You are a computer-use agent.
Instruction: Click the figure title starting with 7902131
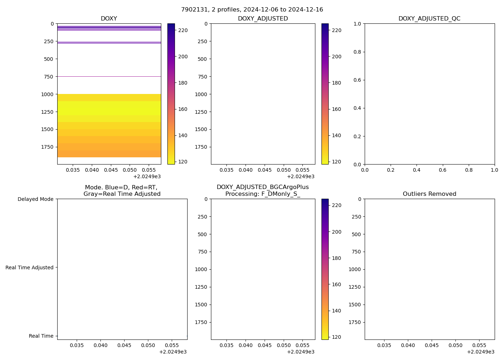[x=252, y=10]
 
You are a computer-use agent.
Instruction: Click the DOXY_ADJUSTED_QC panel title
[x=429, y=19]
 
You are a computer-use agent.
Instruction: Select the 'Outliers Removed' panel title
[x=429, y=194]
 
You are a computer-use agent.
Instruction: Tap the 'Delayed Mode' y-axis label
[x=35, y=199]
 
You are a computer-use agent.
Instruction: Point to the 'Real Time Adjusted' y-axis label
[x=30, y=267]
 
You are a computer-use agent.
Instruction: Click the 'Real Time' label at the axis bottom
[x=41, y=336]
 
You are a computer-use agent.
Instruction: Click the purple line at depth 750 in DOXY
[x=109, y=76]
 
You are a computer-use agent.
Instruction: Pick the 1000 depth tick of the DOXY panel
[x=47, y=94]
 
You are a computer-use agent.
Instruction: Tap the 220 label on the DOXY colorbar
[x=183, y=30]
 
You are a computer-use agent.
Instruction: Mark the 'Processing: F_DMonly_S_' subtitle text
[x=262, y=194]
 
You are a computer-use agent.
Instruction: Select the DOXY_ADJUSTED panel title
[x=263, y=19]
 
